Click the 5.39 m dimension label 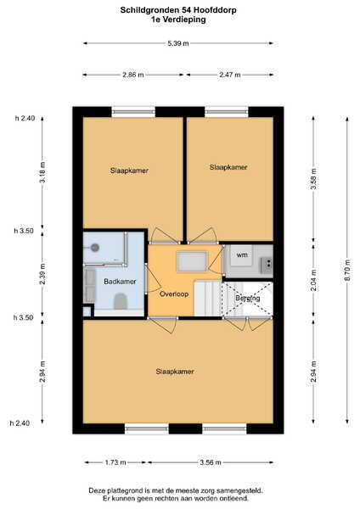(178, 43)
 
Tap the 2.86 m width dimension (133, 75)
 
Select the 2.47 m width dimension (230, 75)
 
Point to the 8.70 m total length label (347, 270)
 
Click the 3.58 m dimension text (313, 179)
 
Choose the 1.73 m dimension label (115, 462)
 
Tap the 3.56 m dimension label (211, 462)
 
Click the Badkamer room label (120, 282)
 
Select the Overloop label (174, 294)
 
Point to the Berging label (248, 298)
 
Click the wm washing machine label (242, 255)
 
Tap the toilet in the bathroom (120, 301)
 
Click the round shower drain (95, 248)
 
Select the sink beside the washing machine (266, 264)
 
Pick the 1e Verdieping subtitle (178, 20)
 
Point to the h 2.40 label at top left (25, 118)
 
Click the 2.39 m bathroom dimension (42, 275)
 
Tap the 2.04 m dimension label (313, 280)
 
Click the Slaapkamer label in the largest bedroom (175, 372)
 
